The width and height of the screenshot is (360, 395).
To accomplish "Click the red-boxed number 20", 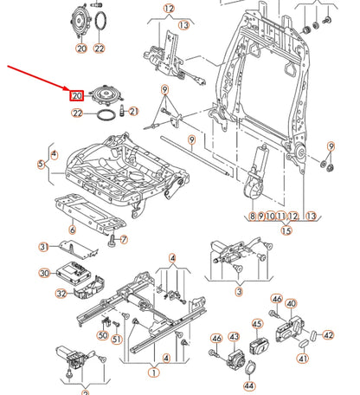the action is point(76,95).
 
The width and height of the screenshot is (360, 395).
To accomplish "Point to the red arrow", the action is point(38,78).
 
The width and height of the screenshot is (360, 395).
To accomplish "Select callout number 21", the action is point(133,111).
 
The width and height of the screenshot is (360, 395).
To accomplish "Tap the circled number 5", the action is point(41,164).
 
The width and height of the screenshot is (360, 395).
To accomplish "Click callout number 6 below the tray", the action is point(72,230).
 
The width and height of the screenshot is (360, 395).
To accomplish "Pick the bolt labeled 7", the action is point(112,240).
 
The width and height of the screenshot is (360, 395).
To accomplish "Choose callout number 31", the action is point(43,247).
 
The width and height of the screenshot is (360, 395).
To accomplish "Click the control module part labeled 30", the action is point(74,272).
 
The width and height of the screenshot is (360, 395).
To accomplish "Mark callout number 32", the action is point(61,294).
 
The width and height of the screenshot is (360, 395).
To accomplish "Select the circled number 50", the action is point(103,335).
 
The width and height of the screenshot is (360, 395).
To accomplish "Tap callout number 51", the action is point(117,339).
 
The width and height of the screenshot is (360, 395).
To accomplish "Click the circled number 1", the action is point(154,372).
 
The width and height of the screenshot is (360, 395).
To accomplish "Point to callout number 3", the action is point(239,292).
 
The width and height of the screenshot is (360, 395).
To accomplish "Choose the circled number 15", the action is point(286,230).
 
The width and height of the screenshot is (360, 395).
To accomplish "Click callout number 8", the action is point(253,216).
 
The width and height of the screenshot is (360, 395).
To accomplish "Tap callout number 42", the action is point(328,335).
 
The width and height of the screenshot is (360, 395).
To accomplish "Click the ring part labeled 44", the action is point(251,368).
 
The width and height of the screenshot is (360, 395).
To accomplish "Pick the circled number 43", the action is point(234,336).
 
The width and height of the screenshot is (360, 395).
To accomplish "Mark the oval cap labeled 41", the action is point(304,344).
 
